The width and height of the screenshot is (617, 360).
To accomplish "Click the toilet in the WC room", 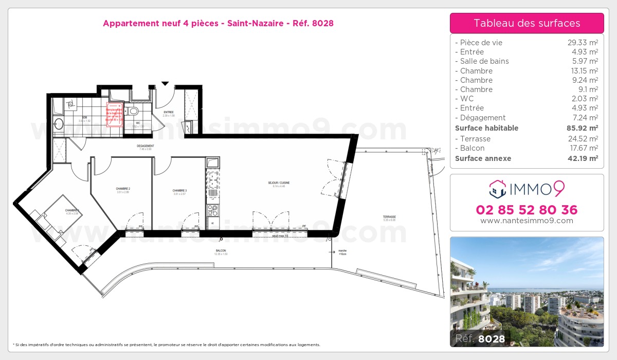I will click(x=133, y=111).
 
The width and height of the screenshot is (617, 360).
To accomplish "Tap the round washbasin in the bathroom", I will click(x=58, y=124).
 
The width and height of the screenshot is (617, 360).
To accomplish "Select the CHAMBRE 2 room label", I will click(x=123, y=189).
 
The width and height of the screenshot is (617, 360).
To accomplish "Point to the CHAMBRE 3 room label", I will click(x=179, y=191).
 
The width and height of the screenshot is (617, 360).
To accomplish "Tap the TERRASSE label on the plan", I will click(x=389, y=217).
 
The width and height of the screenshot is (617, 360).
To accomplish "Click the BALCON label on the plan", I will click(x=221, y=250).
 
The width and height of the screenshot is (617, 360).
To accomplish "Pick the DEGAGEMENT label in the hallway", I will click(x=146, y=146).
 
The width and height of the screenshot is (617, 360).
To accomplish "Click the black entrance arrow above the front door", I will click(x=165, y=83).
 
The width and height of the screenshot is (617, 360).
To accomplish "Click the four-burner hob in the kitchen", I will click(x=212, y=210).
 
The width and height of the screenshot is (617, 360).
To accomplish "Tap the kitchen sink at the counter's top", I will click(x=212, y=163).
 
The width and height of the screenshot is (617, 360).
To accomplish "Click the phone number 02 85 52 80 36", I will click(x=527, y=210).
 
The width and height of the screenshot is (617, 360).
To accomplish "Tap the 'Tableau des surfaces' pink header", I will click(x=527, y=23).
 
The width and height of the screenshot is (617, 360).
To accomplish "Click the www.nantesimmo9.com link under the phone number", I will click(x=527, y=221).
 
